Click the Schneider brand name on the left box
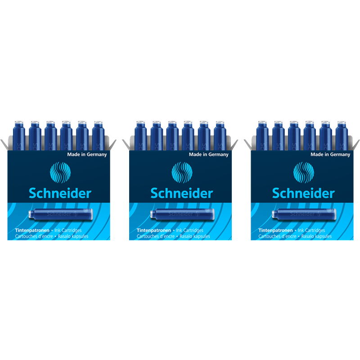pyautogui.click(x=60, y=193)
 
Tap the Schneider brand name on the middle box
pyautogui.click(x=182, y=193)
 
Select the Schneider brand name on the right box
pyautogui.click(x=303, y=193)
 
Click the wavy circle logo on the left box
pyautogui.click(x=59, y=172)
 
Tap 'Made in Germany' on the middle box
pyautogui.click(x=209, y=154)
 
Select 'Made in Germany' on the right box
pyautogui.click(x=330, y=154)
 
